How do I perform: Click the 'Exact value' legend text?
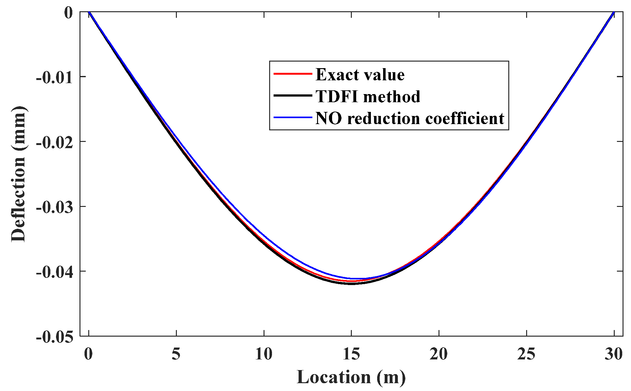pyautogui.click(x=360, y=74)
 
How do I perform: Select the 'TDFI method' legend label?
pyautogui.click(x=368, y=96)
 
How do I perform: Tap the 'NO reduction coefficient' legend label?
pyautogui.click(x=410, y=118)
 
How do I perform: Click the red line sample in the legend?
pyautogui.click(x=293, y=74)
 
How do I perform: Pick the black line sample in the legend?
pyautogui.click(x=293, y=95)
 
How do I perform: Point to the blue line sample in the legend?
pyautogui.click(x=293, y=118)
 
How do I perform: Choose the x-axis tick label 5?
pyautogui.click(x=176, y=354)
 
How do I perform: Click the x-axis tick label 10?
pyautogui.click(x=264, y=354)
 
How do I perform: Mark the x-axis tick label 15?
pyautogui.click(x=351, y=354)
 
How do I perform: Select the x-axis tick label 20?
pyautogui.click(x=439, y=354)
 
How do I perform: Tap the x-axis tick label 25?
pyautogui.click(x=526, y=354)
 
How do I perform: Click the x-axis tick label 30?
pyautogui.click(x=613, y=354)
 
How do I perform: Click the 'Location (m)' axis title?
pyautogui.click(x=351, y=377)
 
